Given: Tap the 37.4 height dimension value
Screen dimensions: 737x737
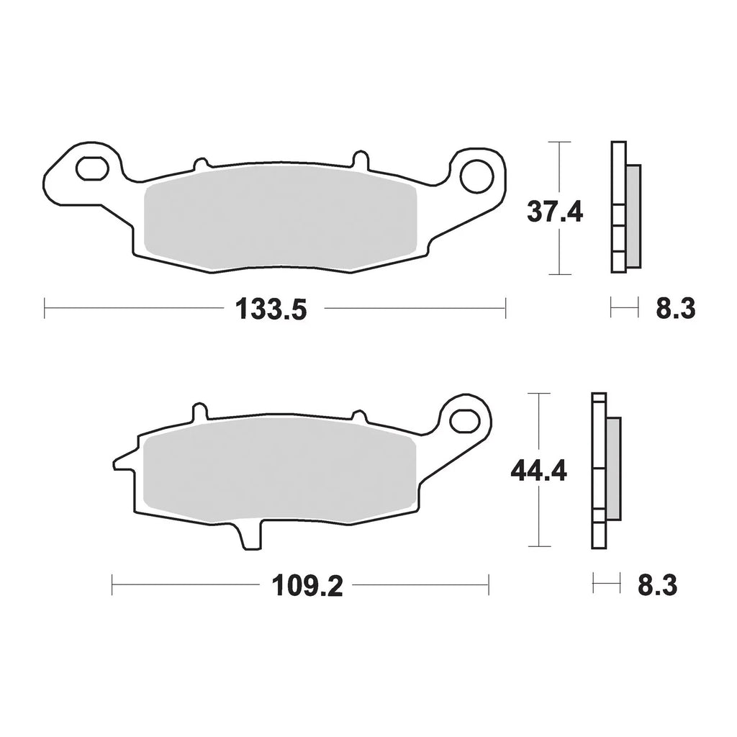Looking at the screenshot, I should [554, 213].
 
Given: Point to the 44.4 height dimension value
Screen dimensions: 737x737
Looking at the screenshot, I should [539, 471].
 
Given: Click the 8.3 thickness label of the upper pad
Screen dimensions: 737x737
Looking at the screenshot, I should [674, 310].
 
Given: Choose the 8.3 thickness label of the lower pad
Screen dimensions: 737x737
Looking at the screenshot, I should [657, 587].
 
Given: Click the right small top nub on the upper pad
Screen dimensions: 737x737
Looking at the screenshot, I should [358, 158].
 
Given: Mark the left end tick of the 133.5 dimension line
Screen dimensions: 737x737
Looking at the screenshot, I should [45, 310].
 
